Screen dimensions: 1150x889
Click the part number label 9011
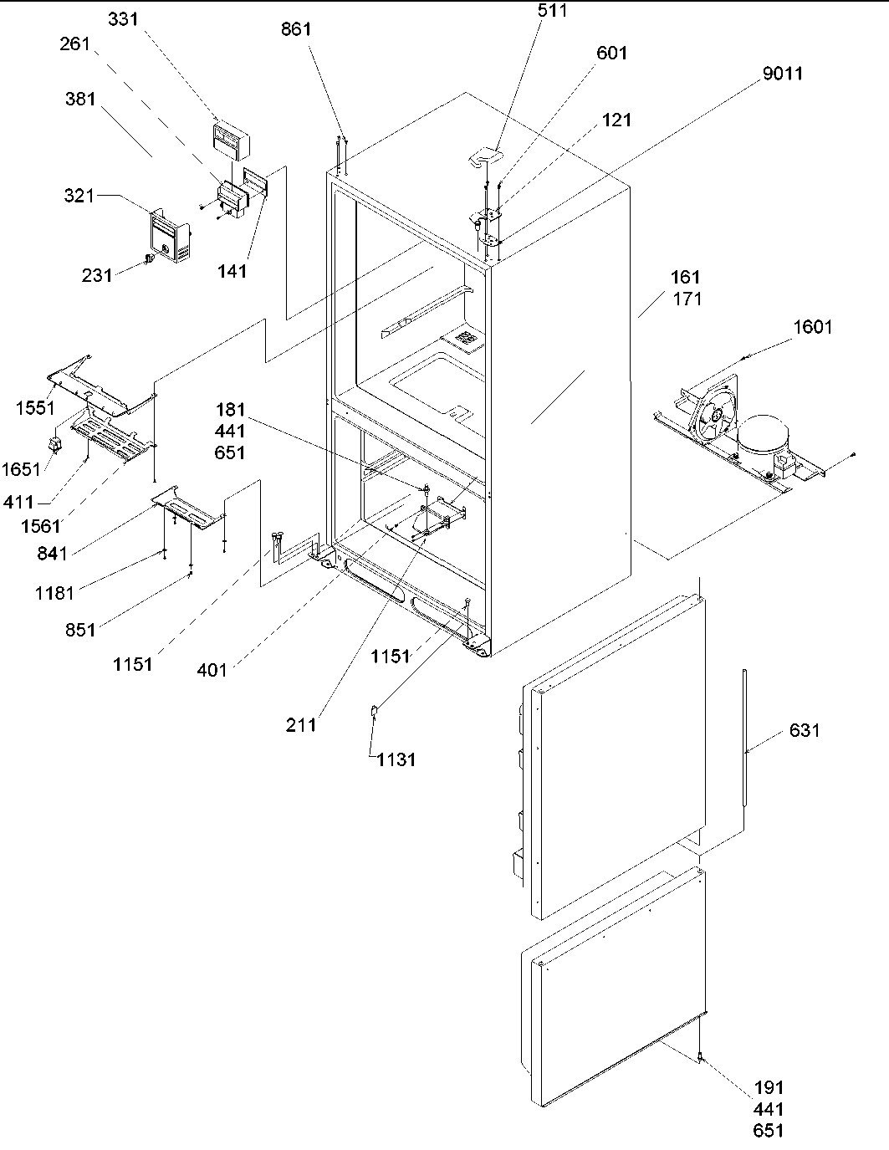(782, 74)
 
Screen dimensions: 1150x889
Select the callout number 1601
(812, 327)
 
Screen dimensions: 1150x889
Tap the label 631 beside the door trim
(804, 730)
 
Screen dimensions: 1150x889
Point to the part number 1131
(396, 759)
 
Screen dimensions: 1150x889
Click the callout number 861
(295, 29)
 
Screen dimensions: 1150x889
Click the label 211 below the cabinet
(301, 725)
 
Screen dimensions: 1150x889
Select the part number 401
(212, 670)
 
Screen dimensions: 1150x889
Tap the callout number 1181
(54, 593)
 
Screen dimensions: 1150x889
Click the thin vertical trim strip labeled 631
(743, 736)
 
